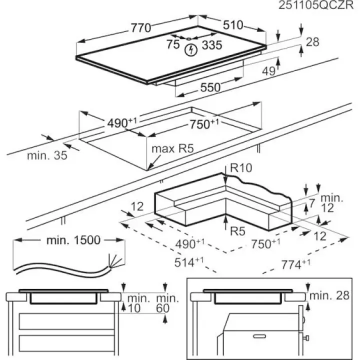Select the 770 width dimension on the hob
tap(140, 28)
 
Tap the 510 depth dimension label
tap(233, 25)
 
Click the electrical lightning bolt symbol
tap(190, 49)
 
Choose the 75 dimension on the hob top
tap(173, 45)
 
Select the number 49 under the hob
tap(268, 71)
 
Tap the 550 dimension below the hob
tap(210, 87)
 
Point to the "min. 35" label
tap(47, 155)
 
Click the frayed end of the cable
tap(113, 260)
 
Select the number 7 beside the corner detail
tap(311, 202)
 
